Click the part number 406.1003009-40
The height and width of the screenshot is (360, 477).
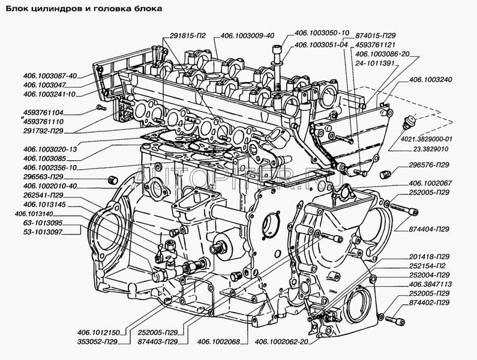[x=247, y=35]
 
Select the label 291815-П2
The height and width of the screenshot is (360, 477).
[x=187, y=35]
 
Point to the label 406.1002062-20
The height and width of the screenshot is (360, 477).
[x=281, y=342]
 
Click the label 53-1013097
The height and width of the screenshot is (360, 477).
[x=43, y=232]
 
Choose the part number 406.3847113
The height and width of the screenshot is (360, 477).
[x=430, y=284]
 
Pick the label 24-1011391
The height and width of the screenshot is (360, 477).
[x=374, y=63]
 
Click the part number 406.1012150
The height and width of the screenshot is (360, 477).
[x=98, y=332]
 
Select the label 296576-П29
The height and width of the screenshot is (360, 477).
[x=429, y=165]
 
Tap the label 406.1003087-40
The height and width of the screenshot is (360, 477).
[x=50, y=76]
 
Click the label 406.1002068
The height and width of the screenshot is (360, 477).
[x=218, y=342]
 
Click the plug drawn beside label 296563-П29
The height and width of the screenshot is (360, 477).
[x=113, y=180]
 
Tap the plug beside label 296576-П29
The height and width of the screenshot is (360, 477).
[x=385, y=175]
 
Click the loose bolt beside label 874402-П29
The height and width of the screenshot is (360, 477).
[x=395, y=321]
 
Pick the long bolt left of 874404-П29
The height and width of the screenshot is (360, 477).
[x=404, y=209]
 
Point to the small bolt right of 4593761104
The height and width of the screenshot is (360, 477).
[x=100, y=107]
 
